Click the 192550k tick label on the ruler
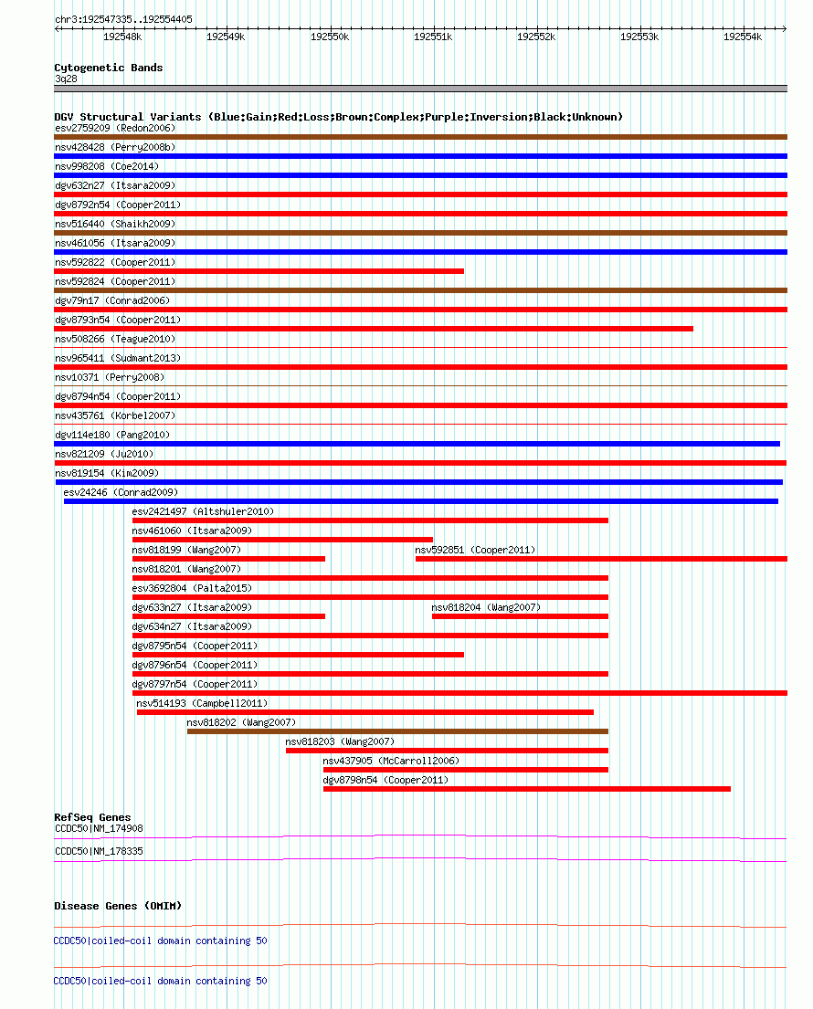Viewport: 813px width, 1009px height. pyautogui.click(x=330, y=37)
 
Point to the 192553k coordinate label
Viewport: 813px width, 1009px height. pyautogui.click(x=639, y=37)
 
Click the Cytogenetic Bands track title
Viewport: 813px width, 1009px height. pyautogui.click(x=109, y=68)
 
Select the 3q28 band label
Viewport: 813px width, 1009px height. pyautogui.click(x=67, y=79)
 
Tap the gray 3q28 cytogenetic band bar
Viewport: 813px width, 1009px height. pyautogui.click(x=420, y=89)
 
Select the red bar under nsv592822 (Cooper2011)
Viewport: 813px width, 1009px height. pyautogui.click(x=259, y=271)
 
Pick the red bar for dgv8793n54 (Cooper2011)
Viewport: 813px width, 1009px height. pyautogui.click(x=373, y=329)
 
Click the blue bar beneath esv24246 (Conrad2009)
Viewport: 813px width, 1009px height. pyautogui.click(x=420, y=501)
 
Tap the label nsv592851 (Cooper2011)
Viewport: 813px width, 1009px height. pyautogui.click(x=475, y=550)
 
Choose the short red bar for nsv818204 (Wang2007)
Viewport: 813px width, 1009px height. pyautogui.click(x=520, y=616)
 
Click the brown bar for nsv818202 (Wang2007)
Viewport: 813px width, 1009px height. pyautogui.click(x=397, y=731)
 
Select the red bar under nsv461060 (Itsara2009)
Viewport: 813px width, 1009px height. pyautogui.click(x=282, y=540)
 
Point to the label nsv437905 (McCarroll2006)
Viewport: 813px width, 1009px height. pyautogui.click(x=391, y=761)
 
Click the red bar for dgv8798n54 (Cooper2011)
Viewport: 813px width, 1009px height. pyautogui.click(x=526, y=789)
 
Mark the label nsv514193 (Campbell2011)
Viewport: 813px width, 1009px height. pyautogui.click(x=202, y=703)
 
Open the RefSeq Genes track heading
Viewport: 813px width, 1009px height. pyautogui.click(x=92, y=817)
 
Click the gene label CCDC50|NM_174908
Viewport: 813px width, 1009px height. pyautogui.click(x=99, y=828)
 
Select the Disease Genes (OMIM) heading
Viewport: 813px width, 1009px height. pyautogui.click(x=118, y=906)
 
